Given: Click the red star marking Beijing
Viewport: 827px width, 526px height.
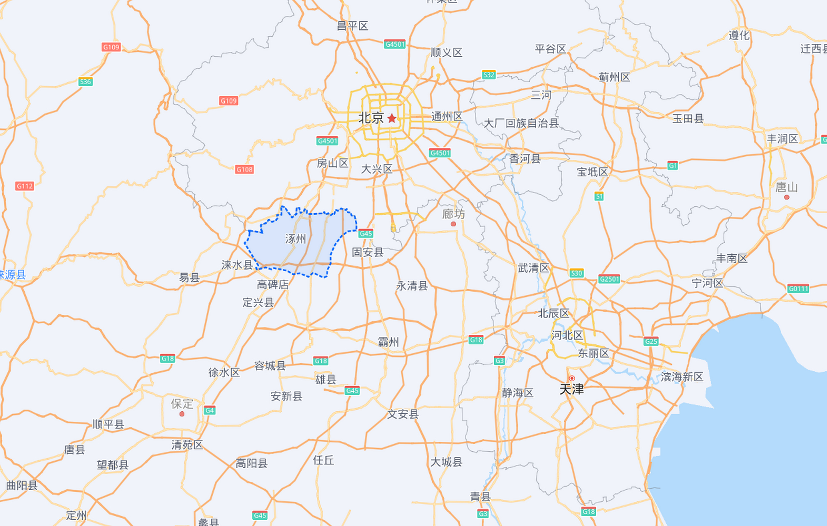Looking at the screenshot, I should [x=392, y=118].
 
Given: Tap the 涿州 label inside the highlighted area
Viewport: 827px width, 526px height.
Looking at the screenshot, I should [x=296, y=239].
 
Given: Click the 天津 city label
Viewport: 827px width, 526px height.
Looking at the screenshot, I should [x=571, y=389].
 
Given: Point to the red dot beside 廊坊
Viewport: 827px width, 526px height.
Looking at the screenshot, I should [x=453, y=224].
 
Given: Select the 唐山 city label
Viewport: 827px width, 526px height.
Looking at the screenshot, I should [x=786, y=187].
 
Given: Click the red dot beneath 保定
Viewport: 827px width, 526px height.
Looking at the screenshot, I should [x=182, y=414].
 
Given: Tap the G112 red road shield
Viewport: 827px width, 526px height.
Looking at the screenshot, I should [x=25, y=186].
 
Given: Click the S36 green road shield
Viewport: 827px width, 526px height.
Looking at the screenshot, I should [x=85, y=81].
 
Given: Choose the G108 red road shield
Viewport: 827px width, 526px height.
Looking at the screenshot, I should [x=244, y=169].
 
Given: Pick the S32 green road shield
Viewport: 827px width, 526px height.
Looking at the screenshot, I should [x=489, y=75].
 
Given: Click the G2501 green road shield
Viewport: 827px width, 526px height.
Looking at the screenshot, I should [x=609, y=279].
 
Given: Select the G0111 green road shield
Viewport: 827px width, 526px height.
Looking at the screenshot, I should [x=798, y=288].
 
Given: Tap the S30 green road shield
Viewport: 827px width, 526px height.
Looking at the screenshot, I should [x=576, y=273].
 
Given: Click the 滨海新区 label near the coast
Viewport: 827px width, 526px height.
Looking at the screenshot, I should [x=682, y=376].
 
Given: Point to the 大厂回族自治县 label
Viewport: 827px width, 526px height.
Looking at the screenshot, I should [x=521, y=123].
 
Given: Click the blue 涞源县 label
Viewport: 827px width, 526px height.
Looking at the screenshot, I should [x=12, y=275].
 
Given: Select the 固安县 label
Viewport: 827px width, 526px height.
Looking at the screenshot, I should [x=367, y=252].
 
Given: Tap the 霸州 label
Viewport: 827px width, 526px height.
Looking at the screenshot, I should [x=388, y=341].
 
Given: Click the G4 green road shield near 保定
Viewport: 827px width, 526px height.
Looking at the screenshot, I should [x=210, y=410].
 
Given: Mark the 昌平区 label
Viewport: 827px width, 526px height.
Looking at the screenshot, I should [x=352, y=26].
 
